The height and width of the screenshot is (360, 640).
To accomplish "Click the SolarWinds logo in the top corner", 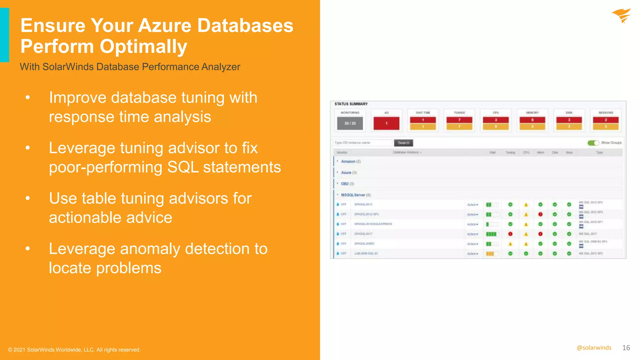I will click(x=621, y=16).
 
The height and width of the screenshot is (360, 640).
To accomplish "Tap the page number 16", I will click(x=626, y=348).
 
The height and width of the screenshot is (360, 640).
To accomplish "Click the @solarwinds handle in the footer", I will click(x=594, y=348).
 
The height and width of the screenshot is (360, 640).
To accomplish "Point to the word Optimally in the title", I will click(x=143, y=47).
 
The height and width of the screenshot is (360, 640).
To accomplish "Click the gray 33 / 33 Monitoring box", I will click(x=350, y=123).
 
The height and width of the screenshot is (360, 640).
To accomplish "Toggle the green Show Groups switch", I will click(x=593, y=143).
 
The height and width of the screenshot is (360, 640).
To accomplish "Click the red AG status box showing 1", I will click(x=386, y=123).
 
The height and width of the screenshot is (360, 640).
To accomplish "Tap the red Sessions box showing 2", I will click(x=606, y=120).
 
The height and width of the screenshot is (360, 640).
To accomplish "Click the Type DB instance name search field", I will click(x=362, y=143).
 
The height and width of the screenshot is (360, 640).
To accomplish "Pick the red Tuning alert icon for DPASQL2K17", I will click(x=510, y=234).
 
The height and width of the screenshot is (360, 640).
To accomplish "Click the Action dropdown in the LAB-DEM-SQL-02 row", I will click(x=472, y=254).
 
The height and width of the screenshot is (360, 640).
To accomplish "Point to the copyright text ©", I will click(x=10, y=350).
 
